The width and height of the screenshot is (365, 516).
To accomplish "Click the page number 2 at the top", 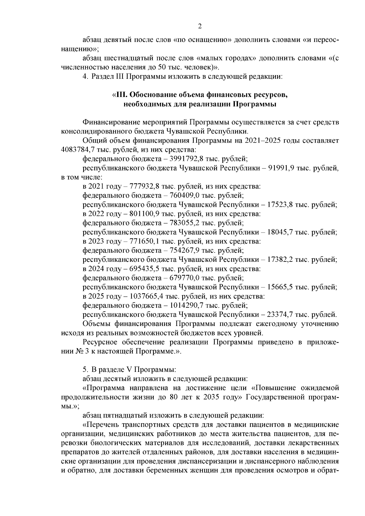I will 200,26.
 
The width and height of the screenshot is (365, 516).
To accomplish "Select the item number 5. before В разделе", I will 85,370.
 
